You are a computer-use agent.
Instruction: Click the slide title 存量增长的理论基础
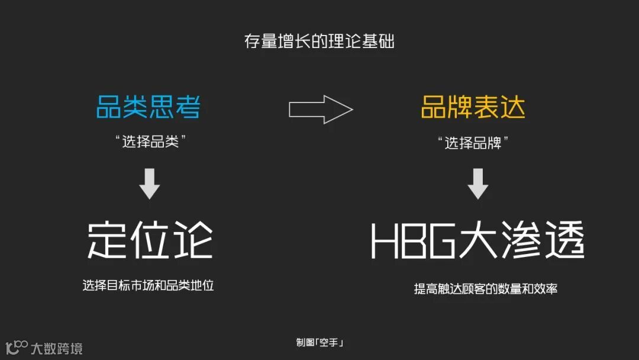point(319,42)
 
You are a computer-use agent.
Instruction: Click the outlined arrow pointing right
point(321,109)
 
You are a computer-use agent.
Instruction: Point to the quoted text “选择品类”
point(148,143)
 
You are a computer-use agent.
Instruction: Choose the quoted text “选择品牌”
point(473,143)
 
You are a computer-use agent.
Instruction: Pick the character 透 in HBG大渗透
point(562,241)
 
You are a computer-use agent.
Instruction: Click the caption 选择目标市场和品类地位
point(148,285)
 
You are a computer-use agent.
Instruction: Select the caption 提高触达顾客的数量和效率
point(485,289)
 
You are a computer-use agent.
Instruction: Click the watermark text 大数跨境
point(57,348)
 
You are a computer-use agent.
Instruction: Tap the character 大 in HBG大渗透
point(476,241)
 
